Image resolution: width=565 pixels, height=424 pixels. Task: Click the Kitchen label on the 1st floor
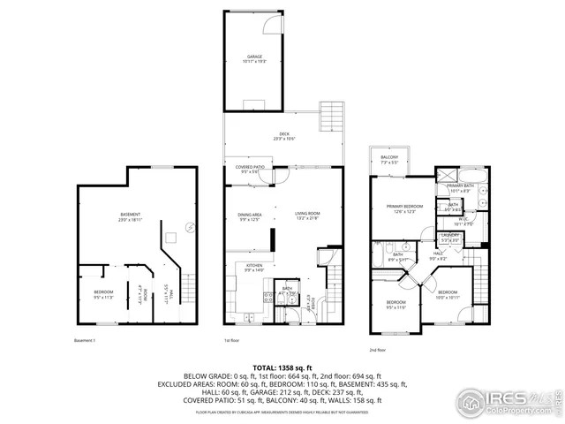point(253,266)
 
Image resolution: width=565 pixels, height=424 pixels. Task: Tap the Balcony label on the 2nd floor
point(389,159)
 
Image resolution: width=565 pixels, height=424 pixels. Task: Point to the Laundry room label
point(450,236)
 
